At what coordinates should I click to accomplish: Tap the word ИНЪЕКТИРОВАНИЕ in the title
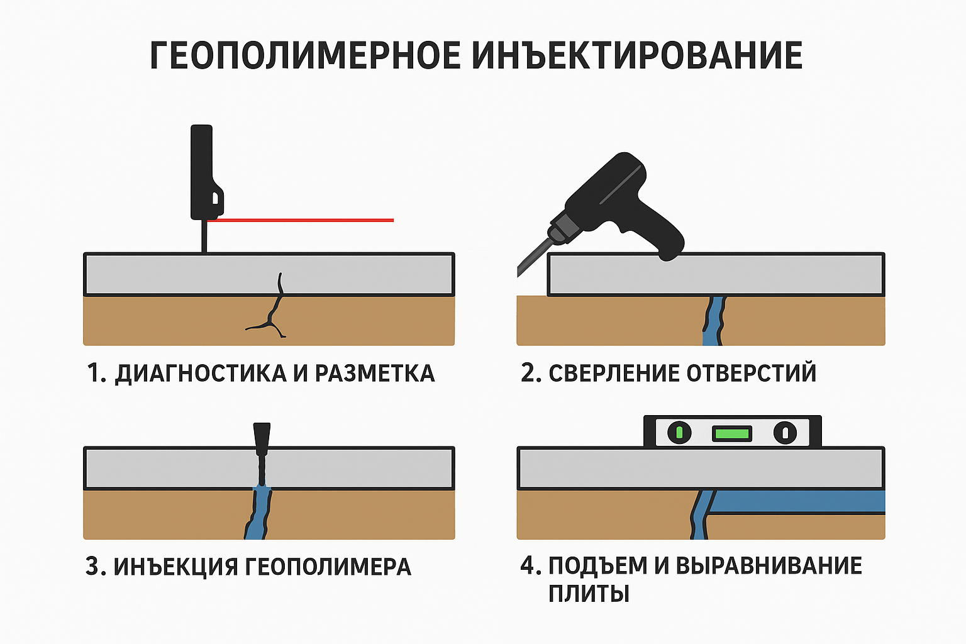[x=636, y=55]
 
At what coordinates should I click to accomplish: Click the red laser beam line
[x=302, y=220]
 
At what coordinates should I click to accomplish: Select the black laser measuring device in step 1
[x=203, y=173]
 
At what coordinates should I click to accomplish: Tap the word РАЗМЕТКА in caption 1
[x=374, y=374]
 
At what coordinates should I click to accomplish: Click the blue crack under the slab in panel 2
[x=714, y=321]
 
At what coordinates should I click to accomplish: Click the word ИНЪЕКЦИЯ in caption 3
[x=176, y=567]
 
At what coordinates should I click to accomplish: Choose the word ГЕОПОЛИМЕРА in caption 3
[x=328, y=567]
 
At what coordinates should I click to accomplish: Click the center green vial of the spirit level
[x=732, y=433]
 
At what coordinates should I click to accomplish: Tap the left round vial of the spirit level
[x=679, y=433]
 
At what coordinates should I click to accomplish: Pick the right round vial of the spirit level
[x=784, y=433]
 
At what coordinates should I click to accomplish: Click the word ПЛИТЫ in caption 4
[x=589, y=594]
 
